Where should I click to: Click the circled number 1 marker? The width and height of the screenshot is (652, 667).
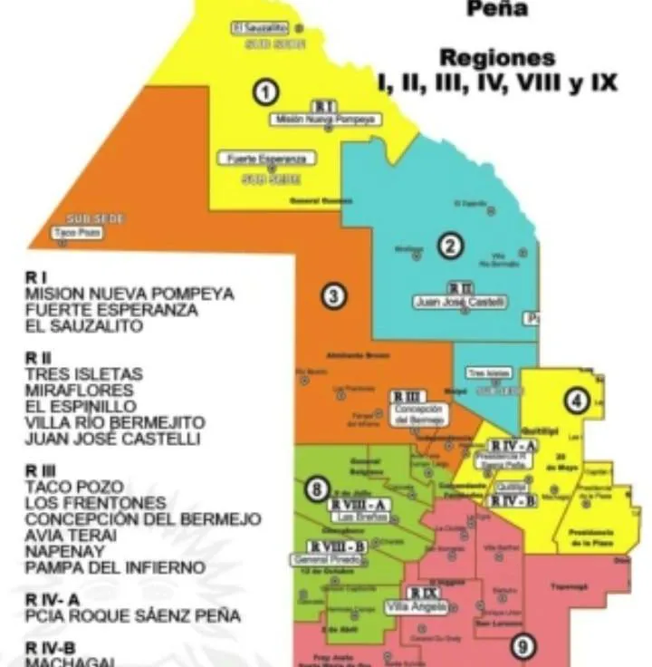(264, 92)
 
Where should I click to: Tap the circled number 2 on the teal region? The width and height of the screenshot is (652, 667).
(450, 244)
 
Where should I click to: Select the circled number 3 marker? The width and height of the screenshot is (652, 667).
(333, 295)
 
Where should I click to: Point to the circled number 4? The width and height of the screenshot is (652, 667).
(576, 400)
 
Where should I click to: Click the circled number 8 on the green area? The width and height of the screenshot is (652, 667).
(314, 489)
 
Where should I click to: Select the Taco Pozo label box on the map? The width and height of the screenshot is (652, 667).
(77, 233)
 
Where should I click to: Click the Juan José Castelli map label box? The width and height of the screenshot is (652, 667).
(460, 303)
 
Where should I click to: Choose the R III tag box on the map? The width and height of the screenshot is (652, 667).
(407, 397)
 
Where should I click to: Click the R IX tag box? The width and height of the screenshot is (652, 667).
(423, 593)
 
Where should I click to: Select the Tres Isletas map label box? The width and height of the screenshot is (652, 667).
(488, 373)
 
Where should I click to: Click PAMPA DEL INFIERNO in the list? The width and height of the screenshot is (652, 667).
(115, 567)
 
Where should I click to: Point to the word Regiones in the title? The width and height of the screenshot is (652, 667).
(497, 58)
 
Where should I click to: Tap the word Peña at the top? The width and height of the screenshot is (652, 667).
(496, 11)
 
